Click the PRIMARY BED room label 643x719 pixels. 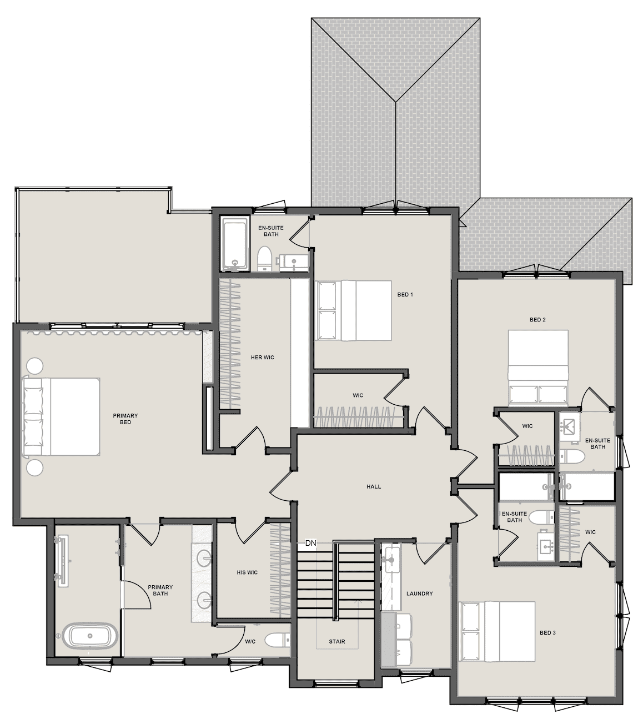pyautogui.click(x=125, y=419)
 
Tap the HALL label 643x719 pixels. pyautogui.click(x=374, y=486)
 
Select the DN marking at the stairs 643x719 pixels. pyautogui.click(x=310, y=543)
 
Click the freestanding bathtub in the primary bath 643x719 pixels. pyautogui.click(x=90, y=636)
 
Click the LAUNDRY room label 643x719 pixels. pyautogui.click(x=419, y=594)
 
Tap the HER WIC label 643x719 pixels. pyautogui.click(x=263, y=358)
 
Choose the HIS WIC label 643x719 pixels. pyautogui.click(x=247, y=572)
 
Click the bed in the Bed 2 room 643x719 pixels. pyautogui.click(x=538, y=368)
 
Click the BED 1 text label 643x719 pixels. pyautogui.click(x=405, y=295)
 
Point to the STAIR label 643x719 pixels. pyautogui.click(x=336, y=642)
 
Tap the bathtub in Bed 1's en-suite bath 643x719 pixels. pyautogui.click(x=234, y=243)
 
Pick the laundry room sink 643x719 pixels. pyautogui.click(x=391, y=560)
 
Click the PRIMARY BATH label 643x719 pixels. pyautogui.click(x=160, y=590)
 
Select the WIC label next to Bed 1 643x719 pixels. pyautogui.click(x=358, y=395)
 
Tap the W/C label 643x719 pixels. pyautogui.click(x=250, y=642)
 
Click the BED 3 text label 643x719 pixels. pyautogui.click(x=548, y=633)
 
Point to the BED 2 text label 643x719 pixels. pyautogui.click(x=537, y=320)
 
